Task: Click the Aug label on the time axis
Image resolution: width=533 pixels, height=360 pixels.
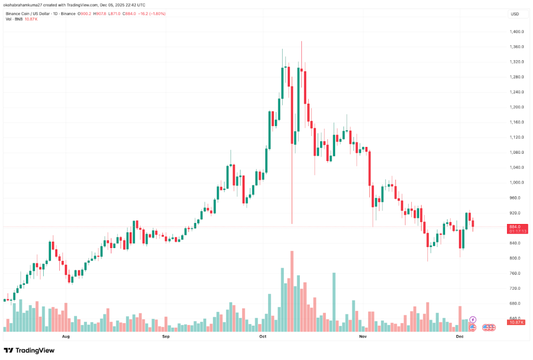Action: pyautogui.click(x=66, y=337)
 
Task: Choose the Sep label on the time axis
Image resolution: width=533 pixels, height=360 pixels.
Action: pyautogui.click(x=166, y=337)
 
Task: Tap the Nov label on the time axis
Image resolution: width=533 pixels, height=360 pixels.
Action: pyautogui.click(x=363, y=337)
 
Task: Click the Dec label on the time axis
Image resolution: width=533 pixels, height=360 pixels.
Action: pyautogui.click(x=460, y=337)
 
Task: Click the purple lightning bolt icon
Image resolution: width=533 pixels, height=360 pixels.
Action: pyautogui.click(x=473, y=319)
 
